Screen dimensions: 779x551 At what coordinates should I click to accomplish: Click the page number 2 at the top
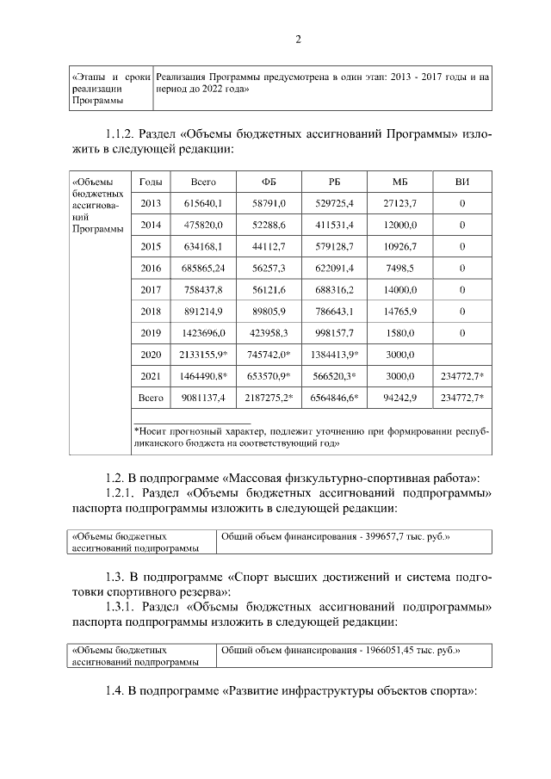pos(298,39)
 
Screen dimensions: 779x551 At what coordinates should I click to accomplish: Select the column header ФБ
pos(269,182)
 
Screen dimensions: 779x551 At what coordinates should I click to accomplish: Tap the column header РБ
pos(335,182)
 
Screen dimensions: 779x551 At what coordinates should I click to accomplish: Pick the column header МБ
pos(399,182)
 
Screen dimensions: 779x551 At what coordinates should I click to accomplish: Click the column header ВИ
pos(462,182)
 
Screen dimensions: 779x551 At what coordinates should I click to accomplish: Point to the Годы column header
pos(151,182)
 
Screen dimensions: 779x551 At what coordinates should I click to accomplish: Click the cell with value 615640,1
pos(203,203)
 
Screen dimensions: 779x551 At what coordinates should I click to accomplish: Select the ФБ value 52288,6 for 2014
pos(269,225)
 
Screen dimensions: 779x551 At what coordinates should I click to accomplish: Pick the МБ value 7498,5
pos(399,268)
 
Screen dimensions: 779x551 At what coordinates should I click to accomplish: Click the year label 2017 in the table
pos(151,289)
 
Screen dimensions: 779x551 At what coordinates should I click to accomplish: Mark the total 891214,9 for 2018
pos(203,311)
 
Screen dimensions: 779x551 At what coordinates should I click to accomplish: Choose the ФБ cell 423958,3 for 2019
pos(269,332)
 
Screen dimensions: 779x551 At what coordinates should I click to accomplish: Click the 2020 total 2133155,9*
pos(203,354)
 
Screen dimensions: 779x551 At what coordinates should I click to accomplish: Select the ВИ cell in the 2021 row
pos(462,376)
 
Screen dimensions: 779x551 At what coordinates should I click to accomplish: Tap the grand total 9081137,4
pos(203,398)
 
